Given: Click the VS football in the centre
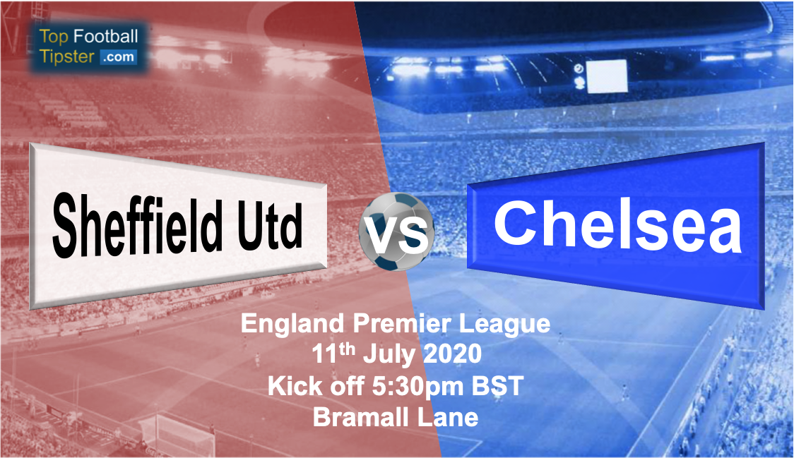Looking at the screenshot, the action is (396, 231).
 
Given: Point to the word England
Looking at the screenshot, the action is (292, 325).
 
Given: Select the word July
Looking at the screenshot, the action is (389, 354).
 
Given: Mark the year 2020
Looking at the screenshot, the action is (452, 354).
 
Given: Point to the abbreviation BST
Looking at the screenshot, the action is (497, 385).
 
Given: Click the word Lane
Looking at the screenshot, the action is (448, 417).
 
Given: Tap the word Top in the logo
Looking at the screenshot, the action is (54, 37).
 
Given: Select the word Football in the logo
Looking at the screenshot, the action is (106, 36).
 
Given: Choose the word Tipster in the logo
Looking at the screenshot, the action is (67, 56).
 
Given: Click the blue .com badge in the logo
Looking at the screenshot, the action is (118, 56).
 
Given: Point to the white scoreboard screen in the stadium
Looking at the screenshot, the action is (607, 76).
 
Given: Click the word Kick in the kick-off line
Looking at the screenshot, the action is (290, 385).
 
